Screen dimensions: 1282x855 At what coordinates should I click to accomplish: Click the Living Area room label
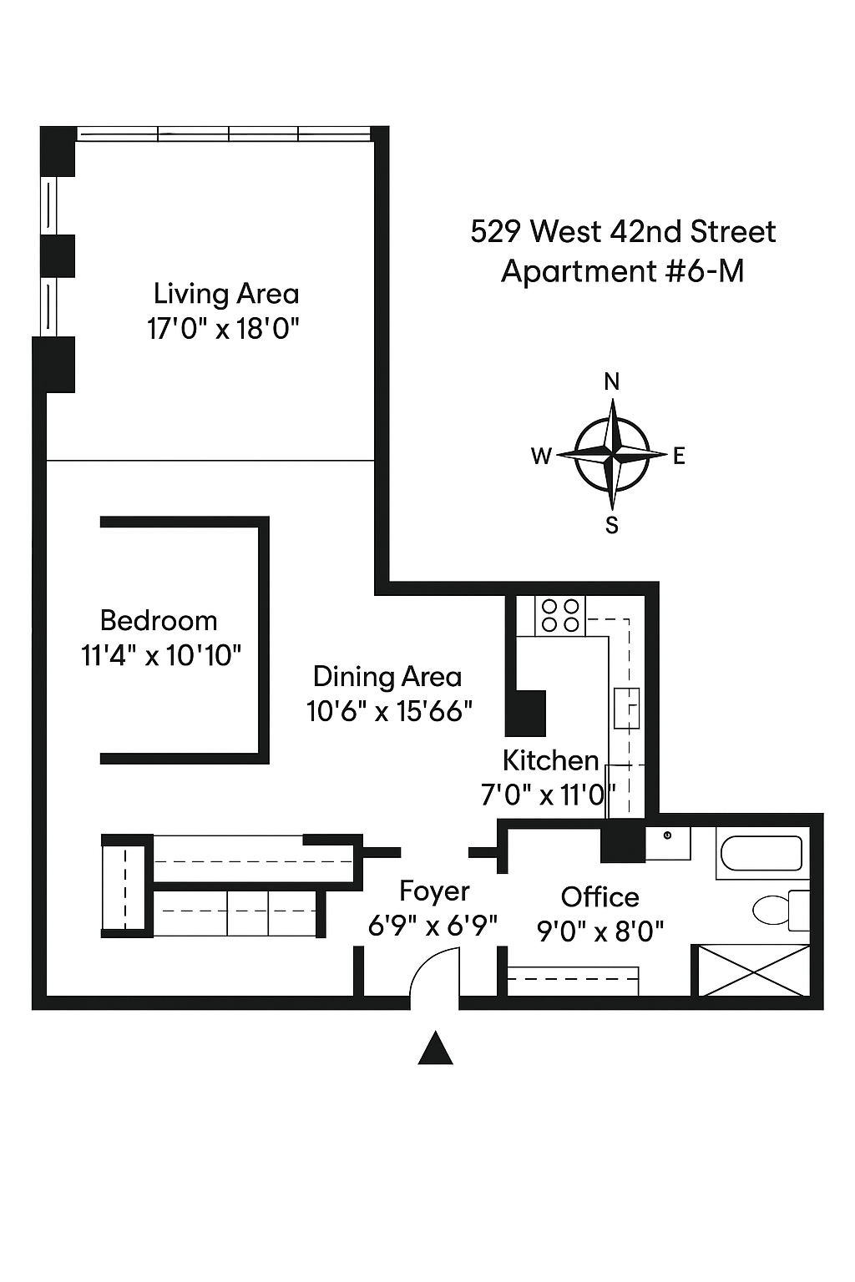(x=225, y=294)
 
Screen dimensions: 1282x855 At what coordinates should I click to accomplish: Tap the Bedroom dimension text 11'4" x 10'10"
(x=161, y=655)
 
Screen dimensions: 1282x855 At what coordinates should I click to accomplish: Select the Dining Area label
(x=387, y=676)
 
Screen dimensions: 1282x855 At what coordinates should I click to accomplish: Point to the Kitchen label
(x=550, y=760)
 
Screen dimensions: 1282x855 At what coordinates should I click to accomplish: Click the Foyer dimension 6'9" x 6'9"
(x=433, y=926)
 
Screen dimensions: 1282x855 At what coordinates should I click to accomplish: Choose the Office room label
(x=600, y=897)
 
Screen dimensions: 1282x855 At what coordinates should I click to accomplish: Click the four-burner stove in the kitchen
(x=560, y=616)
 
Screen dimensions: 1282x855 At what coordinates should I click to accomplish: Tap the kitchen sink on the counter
(x=626, y=708)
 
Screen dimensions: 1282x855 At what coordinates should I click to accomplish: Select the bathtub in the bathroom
(x=762, y=853)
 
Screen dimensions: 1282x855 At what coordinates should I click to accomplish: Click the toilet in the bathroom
(x=777, y=909)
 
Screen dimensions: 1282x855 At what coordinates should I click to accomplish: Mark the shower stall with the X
(x=753, y=971)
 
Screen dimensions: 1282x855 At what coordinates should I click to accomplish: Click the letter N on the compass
(x=612, y=381)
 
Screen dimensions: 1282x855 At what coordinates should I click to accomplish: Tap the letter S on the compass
(x=612, y=525)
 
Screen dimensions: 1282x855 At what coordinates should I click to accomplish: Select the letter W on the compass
(x=541, y=456)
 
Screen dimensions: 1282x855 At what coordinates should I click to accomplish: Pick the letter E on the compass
(x=679, y=456)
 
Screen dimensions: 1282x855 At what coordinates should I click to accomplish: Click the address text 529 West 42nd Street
(x=623, y=231)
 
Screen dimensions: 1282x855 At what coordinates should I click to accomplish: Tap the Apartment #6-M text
(x=622, y=271)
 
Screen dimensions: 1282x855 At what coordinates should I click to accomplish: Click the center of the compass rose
(x=612, y=455)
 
